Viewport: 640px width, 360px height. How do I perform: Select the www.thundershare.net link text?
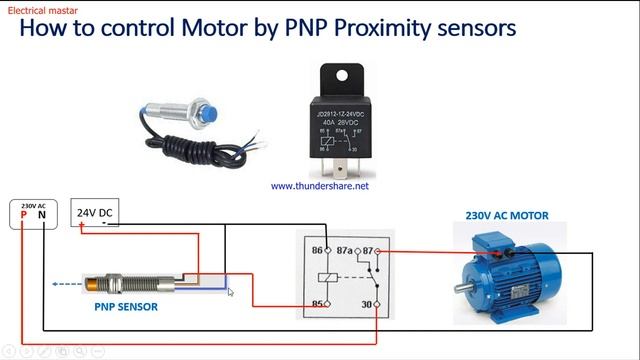[x=320, y=186]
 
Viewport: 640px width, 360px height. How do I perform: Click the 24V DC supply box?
[x=95, y=213]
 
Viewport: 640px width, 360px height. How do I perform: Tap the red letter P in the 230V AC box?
[x=24, y=215]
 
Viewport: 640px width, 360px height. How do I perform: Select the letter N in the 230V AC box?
[x=41, y=215]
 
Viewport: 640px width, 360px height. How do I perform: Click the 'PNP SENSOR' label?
[x=126, y=307]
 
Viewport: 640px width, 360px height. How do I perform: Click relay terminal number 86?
[x=319, y=250]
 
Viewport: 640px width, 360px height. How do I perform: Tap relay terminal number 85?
[x=319, y=304]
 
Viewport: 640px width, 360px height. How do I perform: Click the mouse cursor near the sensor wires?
[x=230, y=291]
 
